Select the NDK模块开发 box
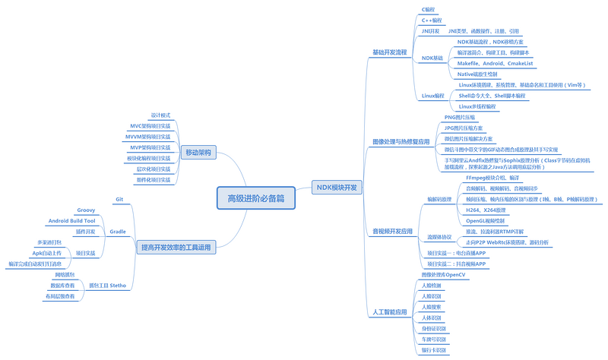pos(337,187)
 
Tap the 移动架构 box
pos(198,153)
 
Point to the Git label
pos(119,199)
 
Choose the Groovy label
pos(86,210)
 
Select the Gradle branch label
pos(117,231)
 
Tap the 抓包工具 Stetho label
pos(107,286)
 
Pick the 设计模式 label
pos(160,115)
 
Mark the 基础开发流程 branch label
pos(389,52)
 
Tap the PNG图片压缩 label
pos(459,118)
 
